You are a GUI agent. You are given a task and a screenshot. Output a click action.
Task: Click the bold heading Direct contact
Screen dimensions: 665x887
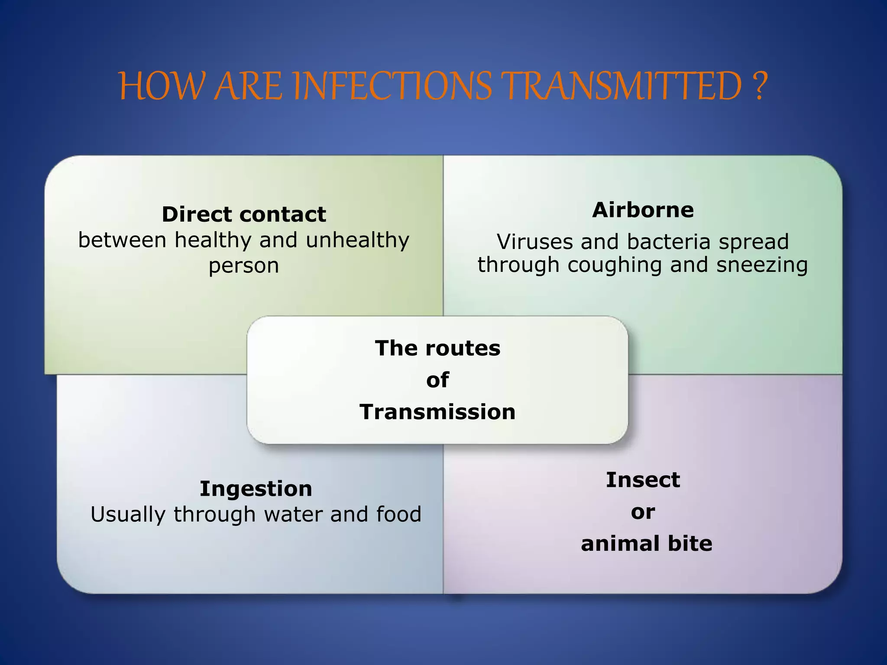(x=244, y=214)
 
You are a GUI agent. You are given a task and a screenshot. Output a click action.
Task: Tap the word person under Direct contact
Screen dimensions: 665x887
(x=244, y=266)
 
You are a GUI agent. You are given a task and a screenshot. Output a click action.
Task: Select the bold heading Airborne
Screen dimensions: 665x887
(x=643, y=210)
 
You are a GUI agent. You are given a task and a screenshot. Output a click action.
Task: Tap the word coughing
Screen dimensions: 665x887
(x=615, y=265)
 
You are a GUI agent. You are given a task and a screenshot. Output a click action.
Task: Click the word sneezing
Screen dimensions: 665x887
(x=762, y=265)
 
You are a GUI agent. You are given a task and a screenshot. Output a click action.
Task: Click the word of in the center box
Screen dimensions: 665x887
(x=437, y=380)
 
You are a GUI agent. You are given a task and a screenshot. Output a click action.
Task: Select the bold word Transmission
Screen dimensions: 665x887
(x=437, y=412)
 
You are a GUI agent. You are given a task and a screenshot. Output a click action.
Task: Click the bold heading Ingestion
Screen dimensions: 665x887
(x=256, y=489)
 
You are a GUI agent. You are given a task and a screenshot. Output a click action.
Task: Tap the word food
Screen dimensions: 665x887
(x=398, y=514)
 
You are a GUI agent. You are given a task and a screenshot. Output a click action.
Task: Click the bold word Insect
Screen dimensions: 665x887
(x=643, y=480)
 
